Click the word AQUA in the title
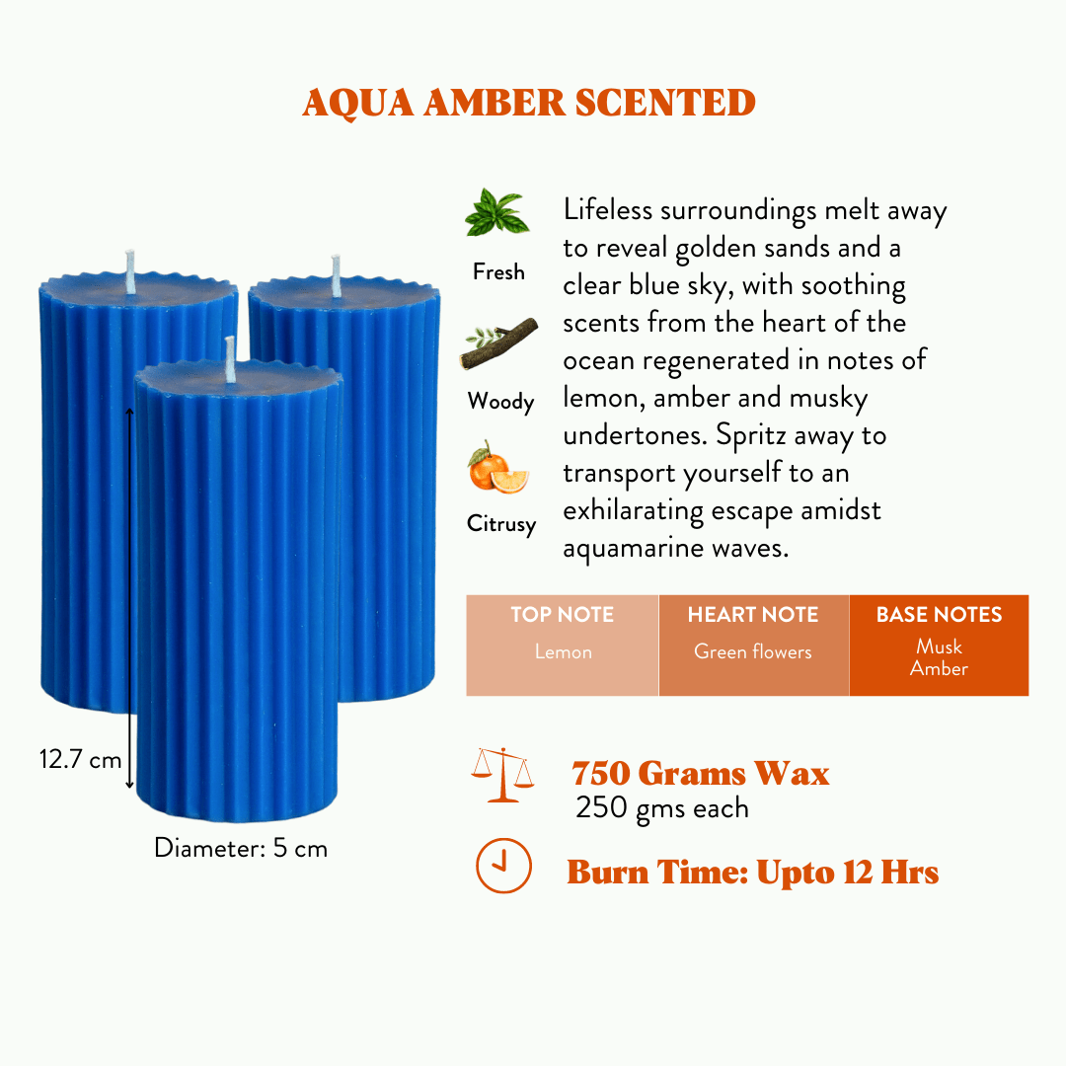point(357,104)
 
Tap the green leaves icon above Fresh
point(496,213)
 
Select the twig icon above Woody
point(499,343)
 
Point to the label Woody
point(501,401)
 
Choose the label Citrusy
point(501,523)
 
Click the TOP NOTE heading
point(563,615)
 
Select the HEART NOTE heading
point(753,615)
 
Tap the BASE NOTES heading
point(939,615)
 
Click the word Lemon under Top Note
point(563,651)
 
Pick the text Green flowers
point(752,651)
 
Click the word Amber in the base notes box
point(939,668)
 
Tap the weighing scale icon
point(502,775)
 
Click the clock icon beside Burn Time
point(503,866)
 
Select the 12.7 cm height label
point(80,759)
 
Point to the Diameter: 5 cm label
point(241,848)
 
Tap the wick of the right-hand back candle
point(336,276)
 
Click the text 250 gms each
point(662,808)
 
